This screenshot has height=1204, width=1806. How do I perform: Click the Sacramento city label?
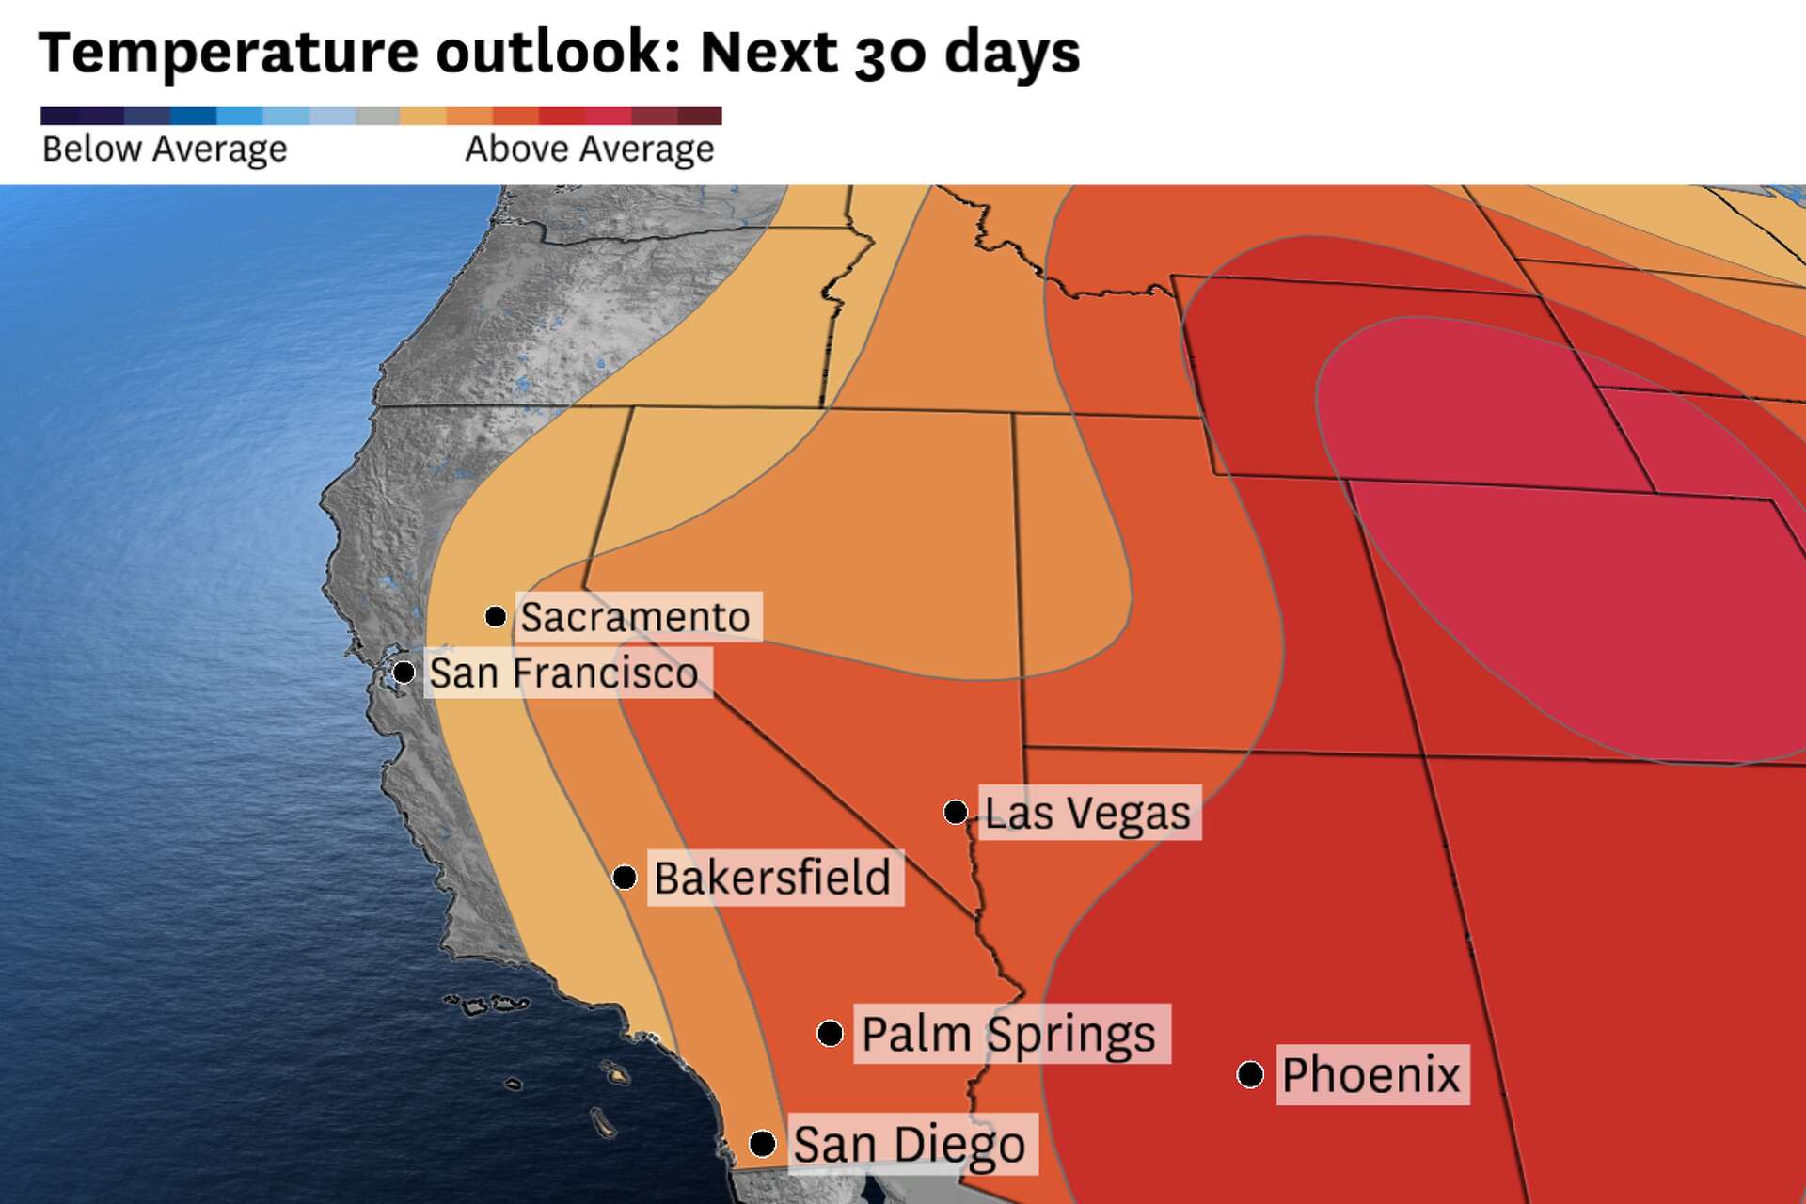click(x=636, y=617)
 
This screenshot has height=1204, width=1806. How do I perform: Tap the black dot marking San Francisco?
click(x=404, y=673)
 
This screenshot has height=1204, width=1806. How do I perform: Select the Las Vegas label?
click(x=1087, y=813)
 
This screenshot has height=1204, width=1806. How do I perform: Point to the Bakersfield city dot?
click(x=625, y=878)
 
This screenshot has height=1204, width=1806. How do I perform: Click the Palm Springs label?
click(x=1008, y=1034)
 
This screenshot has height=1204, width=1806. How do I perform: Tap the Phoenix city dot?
click(x=1250, y=1074)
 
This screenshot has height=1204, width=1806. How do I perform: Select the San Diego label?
click(x=909, y=1144)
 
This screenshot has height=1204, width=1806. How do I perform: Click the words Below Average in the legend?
click(x=165, y=149)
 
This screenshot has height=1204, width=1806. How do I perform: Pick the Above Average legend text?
click(x=590, y=149)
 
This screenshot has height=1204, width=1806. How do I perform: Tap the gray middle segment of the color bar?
click(x=378, y=116)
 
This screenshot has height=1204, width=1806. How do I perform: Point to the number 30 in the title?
click(x=892, y=54)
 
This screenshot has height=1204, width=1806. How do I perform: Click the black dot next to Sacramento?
click(x=496, y=617)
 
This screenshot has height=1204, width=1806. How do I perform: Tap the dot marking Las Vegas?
click(x=956, y=812)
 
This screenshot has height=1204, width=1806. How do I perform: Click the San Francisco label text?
click(x=564, y=673)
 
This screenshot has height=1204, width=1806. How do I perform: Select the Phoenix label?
click(x=1371, y=1074)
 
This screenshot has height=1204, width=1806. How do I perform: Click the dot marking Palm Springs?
click(x=830, y=1034)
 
